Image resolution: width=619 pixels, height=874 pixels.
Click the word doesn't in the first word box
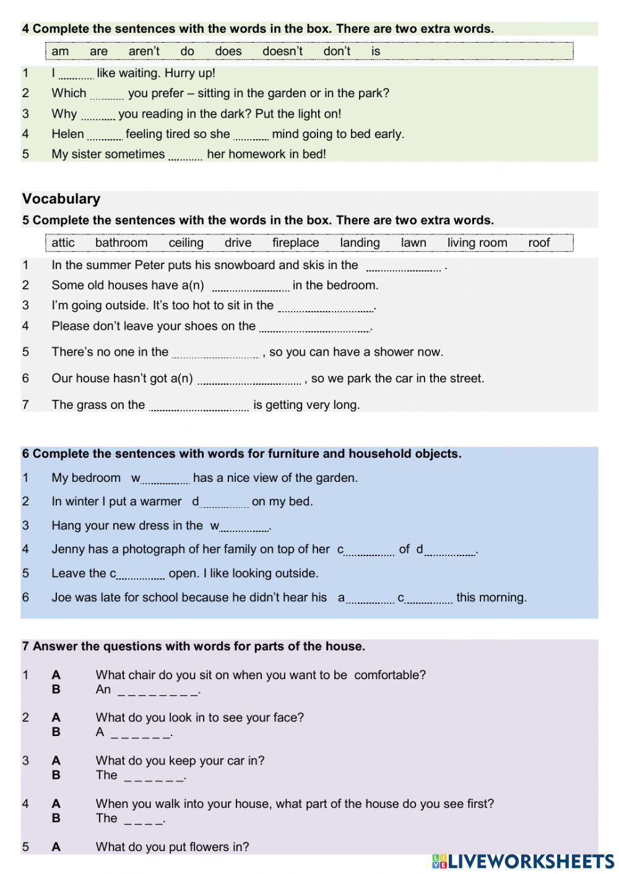click(282, 51)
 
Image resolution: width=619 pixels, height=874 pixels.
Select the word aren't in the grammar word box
click(144, 51)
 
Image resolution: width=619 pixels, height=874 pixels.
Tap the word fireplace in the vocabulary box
click(295, 243)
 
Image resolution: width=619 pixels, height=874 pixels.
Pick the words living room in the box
click(477, 243)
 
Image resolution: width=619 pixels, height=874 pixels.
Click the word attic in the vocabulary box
click(63, 243)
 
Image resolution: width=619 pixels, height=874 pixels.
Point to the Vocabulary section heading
click(61, 199)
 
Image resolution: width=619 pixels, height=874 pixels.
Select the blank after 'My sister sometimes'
click(185, 156)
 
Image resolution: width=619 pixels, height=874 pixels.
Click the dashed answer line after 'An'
click(158, 690)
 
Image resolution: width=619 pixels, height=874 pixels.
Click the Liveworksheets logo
click(523, 861)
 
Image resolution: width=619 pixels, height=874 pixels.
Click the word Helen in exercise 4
click(67, 134)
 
